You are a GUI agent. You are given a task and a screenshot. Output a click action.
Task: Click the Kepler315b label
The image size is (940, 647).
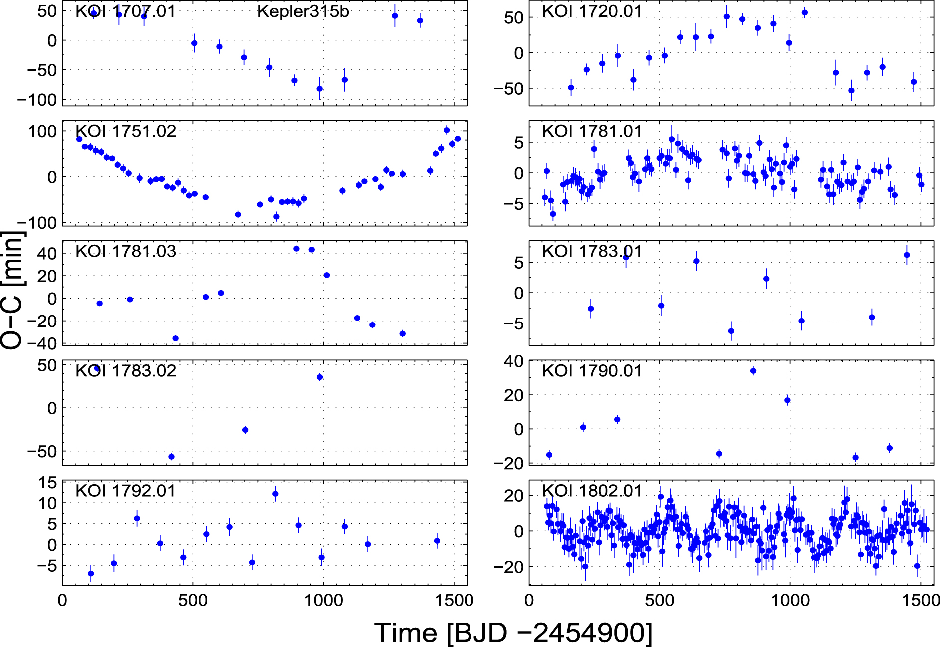[303, 11]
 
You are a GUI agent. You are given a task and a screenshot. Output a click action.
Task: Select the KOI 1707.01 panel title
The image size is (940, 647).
[125, 11]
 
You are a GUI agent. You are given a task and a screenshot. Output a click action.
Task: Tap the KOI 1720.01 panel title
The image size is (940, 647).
[592, 11]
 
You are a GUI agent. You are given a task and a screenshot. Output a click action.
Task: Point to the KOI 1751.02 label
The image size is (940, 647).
[125, 131]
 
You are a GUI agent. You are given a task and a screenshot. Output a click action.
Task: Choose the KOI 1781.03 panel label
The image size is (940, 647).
[125, 251]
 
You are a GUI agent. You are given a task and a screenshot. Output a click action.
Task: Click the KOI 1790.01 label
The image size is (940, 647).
[592, 371]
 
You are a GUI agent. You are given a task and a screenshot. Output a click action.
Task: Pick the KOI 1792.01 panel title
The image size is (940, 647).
[125, 491]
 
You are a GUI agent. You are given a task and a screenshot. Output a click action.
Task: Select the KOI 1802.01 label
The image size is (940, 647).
[592, 491]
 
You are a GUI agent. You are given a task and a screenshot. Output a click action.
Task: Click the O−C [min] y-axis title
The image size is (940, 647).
[12, 290]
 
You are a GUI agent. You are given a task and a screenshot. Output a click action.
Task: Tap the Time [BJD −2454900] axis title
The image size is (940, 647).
[513, 633]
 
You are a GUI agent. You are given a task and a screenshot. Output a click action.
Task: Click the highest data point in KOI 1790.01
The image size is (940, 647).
[753, 371]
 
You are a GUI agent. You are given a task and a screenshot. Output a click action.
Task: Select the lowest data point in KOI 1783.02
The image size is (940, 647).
[171, 457]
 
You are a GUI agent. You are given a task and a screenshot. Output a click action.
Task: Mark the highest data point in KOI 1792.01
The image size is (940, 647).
[275, 494]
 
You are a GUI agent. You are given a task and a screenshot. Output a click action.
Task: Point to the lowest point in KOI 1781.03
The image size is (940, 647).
[175, 338]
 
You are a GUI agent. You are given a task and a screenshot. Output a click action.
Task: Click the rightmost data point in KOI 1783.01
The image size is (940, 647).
[907, 255]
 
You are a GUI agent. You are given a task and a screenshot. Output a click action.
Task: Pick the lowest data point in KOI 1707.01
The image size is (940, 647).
[320, 89]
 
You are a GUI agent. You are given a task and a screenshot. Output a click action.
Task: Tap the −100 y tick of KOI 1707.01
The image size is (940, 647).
[37, 100]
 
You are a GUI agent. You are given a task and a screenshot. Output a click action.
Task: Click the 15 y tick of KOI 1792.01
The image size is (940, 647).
[48, 483]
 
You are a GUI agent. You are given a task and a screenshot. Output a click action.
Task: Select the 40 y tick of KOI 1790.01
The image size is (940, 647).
[513, 361]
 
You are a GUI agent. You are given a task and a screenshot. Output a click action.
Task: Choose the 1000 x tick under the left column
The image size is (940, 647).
[323, 600]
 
